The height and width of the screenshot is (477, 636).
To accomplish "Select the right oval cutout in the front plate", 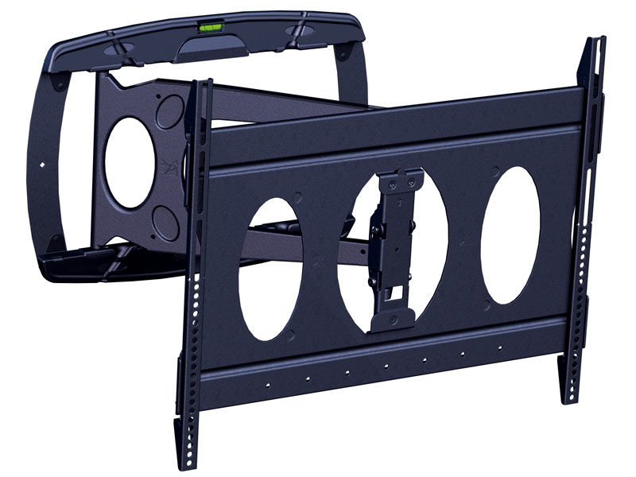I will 510,235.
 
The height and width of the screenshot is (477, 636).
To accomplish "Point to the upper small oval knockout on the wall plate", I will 169,111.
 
